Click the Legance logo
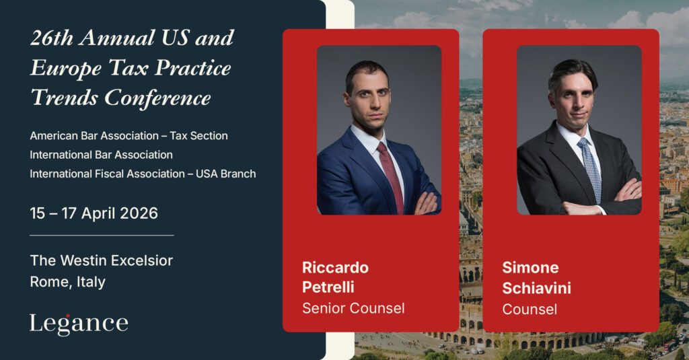point(79,324)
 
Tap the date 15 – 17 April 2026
point(94,213)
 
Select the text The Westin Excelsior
point(102,260)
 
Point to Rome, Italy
point(68,282)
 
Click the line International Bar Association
point(101,155)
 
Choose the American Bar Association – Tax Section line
point(129,136)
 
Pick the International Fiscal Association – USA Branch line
point(143,174)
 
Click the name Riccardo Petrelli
point(335,277)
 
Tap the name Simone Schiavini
point(536,278)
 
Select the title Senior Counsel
point(353,308)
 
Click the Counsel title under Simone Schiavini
point(530,309)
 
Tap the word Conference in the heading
point(157,98)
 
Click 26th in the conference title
point(52,38)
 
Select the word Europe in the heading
point(66,68)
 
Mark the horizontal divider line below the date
point(102,235)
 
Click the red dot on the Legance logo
point(68,316)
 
